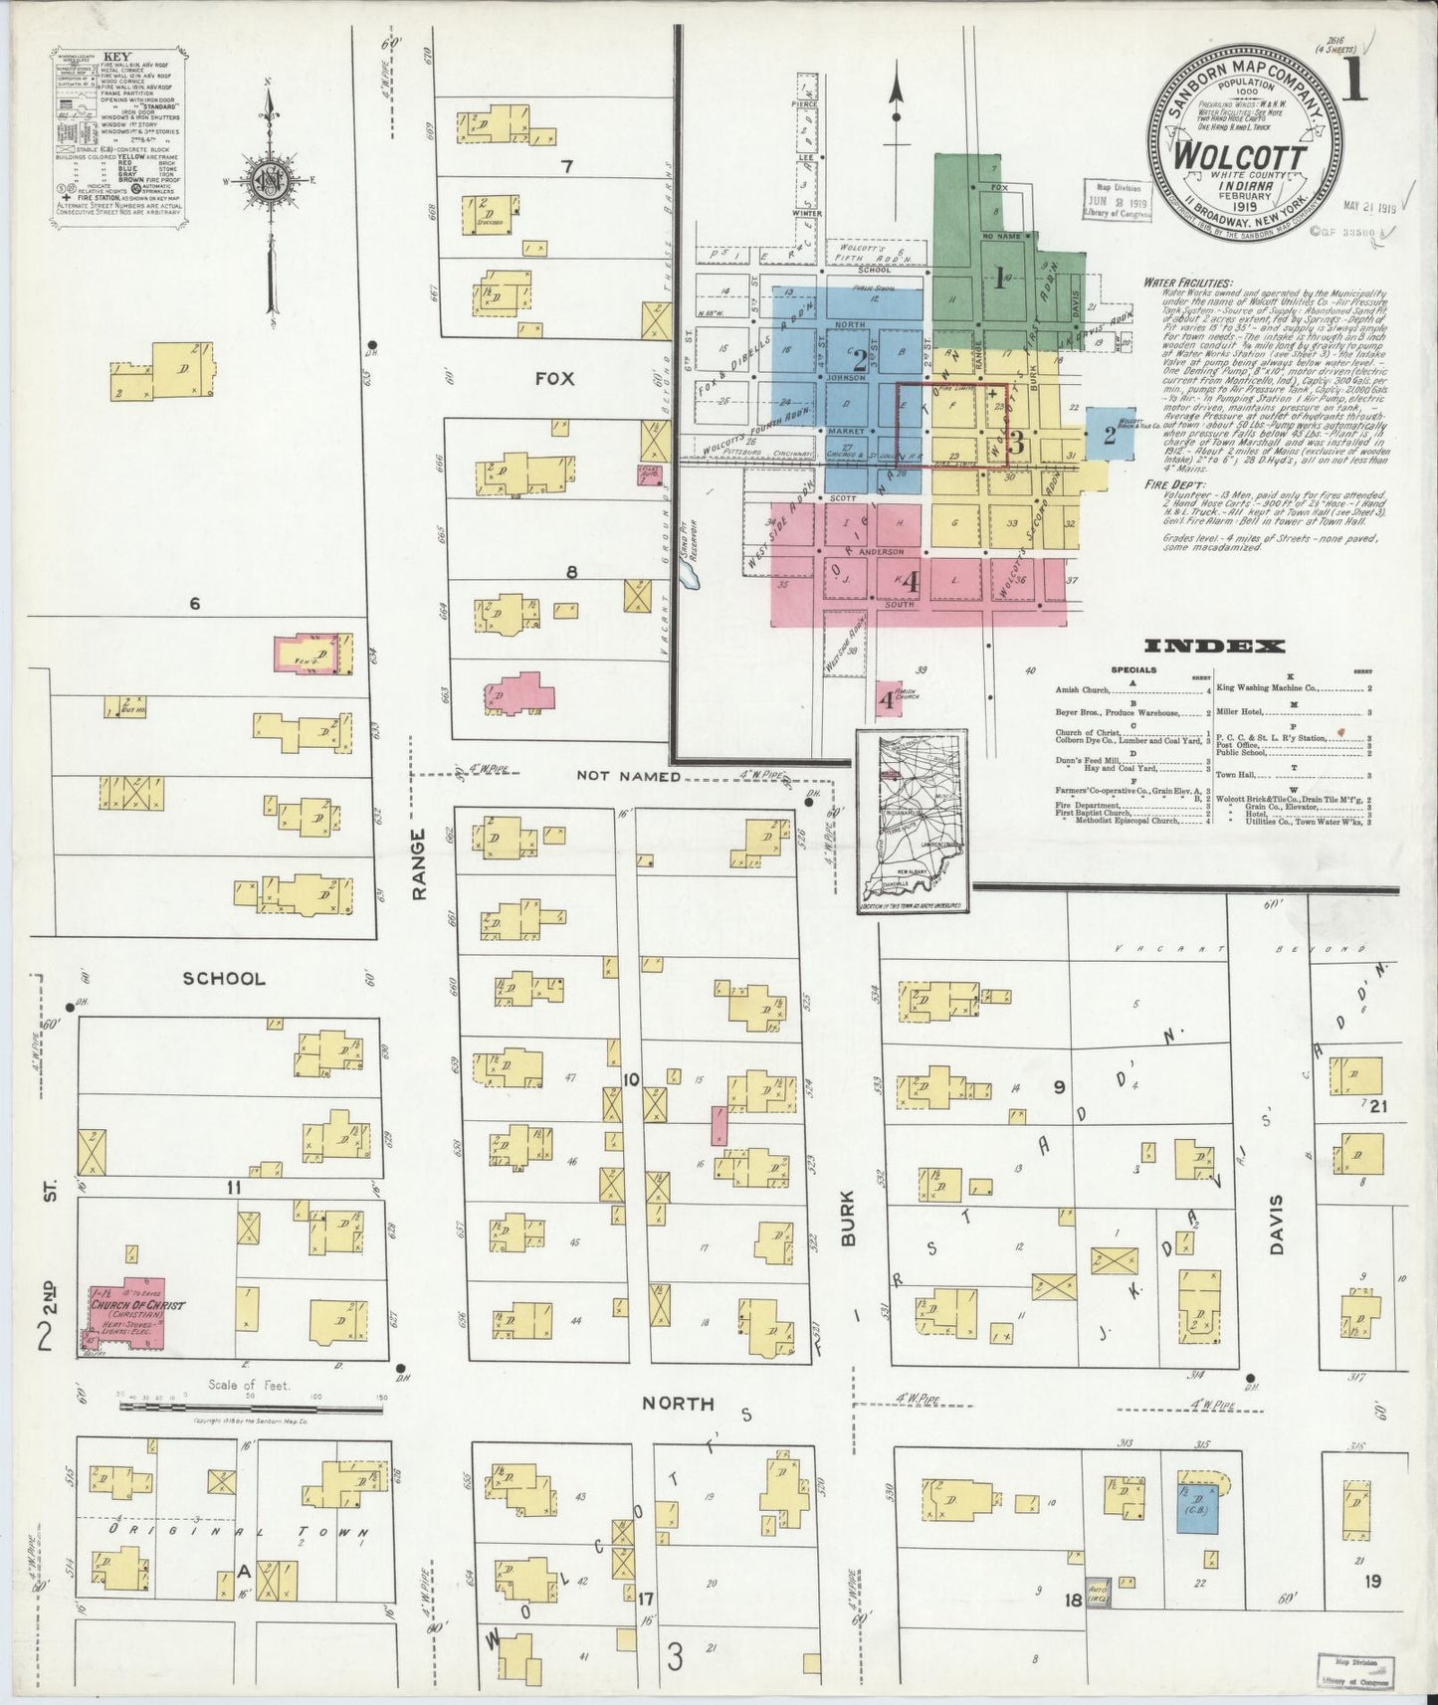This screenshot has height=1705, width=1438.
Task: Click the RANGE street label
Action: pos(419,864)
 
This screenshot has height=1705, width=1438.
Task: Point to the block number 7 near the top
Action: pos(566,166)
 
